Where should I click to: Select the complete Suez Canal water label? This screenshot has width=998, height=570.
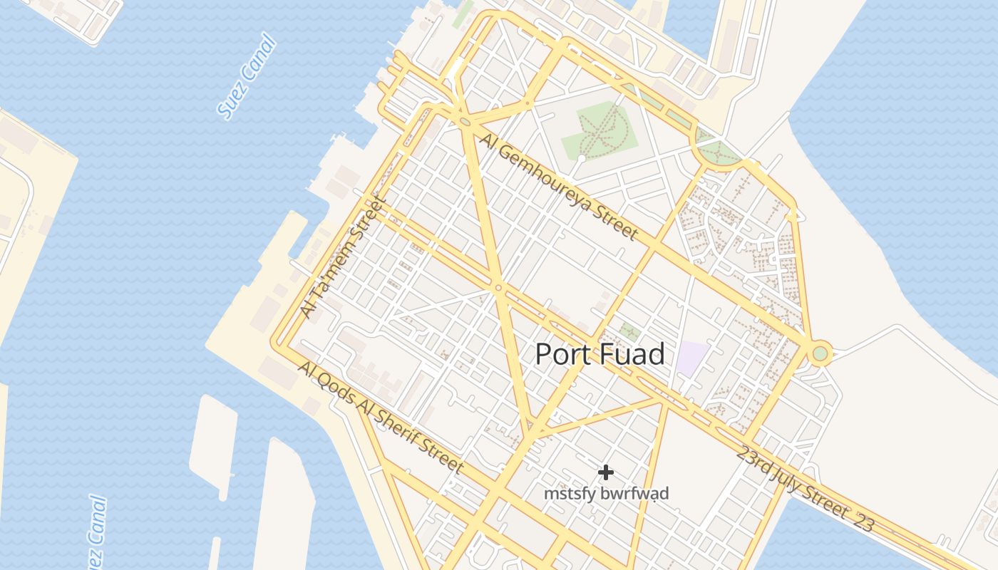click(246, 77)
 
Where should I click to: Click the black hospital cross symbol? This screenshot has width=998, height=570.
click(606, 472)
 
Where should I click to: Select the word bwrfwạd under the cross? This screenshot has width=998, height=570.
click(634, 493)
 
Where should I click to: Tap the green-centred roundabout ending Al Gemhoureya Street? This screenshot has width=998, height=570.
click(820, 353)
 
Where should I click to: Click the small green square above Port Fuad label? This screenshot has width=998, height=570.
click(629, 331)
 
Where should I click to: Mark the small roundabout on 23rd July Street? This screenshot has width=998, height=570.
click(498, 288)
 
